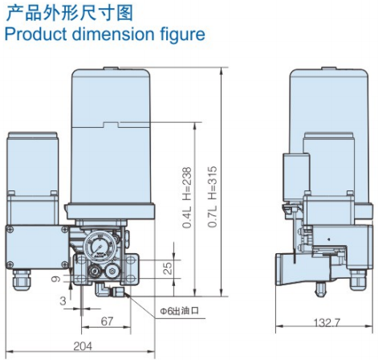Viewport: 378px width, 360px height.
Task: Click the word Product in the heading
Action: click(x=34, y=35)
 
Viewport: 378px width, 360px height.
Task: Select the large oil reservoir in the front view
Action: click(x=114, y=137)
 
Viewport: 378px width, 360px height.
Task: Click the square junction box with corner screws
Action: click(x=34, y=247)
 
